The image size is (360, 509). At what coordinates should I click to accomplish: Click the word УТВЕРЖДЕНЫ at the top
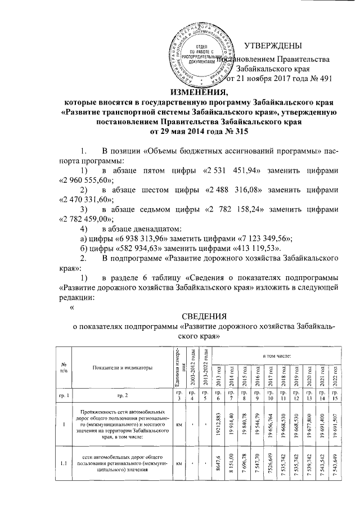coord(273,46)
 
